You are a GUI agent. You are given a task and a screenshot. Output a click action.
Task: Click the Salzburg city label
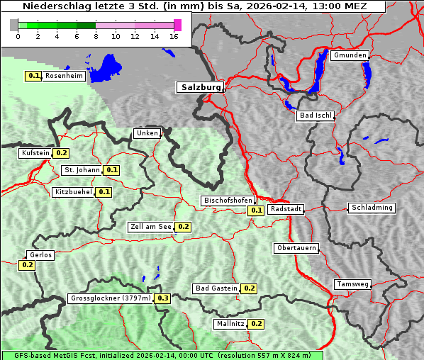200,87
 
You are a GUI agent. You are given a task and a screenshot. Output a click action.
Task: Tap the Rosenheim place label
64,76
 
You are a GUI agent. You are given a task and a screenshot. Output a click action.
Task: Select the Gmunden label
350,55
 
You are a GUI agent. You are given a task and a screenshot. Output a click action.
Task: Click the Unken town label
147,133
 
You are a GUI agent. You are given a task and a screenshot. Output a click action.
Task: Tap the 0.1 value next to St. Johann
112,170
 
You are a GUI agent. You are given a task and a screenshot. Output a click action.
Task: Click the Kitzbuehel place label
73,191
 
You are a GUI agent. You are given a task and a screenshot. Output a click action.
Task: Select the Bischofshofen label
227,201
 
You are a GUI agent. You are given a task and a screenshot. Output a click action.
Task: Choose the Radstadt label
286,209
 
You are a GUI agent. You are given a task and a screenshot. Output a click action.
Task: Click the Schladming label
372,208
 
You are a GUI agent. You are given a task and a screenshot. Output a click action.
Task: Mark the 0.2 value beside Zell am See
184,227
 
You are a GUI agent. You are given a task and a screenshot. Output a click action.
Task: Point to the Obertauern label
296,248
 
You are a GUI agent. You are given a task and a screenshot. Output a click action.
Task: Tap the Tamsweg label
352,284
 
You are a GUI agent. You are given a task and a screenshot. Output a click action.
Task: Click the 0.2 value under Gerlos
27,265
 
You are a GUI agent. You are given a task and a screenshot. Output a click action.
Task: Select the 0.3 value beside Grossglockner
163,298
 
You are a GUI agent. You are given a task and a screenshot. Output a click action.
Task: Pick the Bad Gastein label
216,288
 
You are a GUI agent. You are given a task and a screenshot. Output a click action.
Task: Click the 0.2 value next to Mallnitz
257,324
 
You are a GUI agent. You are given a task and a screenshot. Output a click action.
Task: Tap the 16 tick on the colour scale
174,36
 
